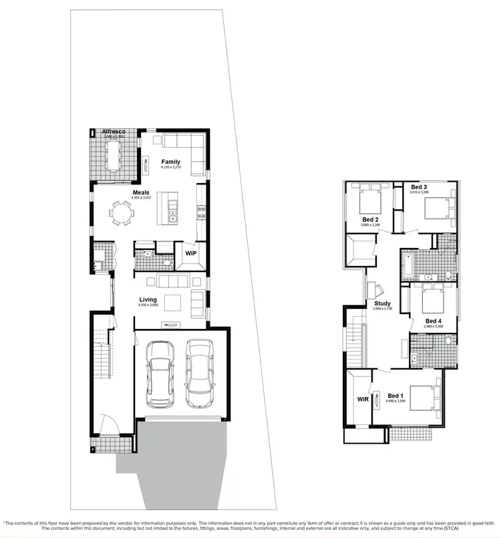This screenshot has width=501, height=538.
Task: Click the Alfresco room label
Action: (113, 132)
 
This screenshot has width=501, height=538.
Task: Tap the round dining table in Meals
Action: (122, 214)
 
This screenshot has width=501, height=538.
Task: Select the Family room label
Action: (171, 162)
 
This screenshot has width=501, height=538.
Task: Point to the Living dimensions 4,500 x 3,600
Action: (148, 305)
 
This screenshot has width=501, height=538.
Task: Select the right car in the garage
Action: (200, 373)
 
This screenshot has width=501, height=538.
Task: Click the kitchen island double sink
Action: (172, 215)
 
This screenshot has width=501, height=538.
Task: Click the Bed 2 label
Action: (371, 219)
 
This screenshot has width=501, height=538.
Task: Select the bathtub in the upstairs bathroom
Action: (408, 265)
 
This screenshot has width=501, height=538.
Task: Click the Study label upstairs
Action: (382, 303)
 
